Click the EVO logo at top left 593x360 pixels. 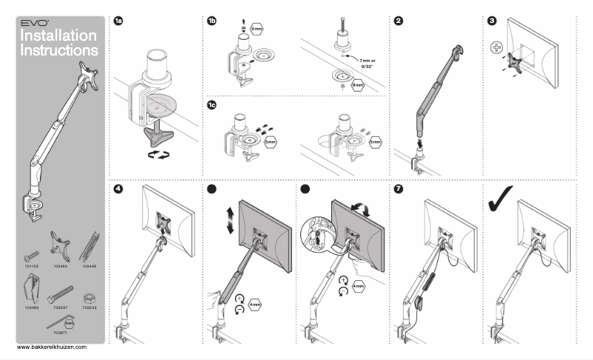pyautogui.click(x=32, y=24)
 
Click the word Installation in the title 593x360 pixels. pyautogui.click(x=58, y=35)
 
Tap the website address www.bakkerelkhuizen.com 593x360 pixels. pyautogui.click(x=52, y=346)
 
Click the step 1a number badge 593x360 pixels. pyautogui.click(x=118, y=21)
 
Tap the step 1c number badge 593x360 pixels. pyautogui.click(x=212, y=106)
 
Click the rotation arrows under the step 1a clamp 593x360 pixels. pyautogui.click(x=160, y=153)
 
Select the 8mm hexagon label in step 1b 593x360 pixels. pyautogui.click(x=358, y=86)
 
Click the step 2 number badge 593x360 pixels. pyautogui.click(x=399, y=21)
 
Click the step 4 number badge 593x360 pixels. pyautogui.click(x=118, y=189)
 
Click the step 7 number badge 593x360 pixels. pyautogui.click(x=399, y=189)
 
